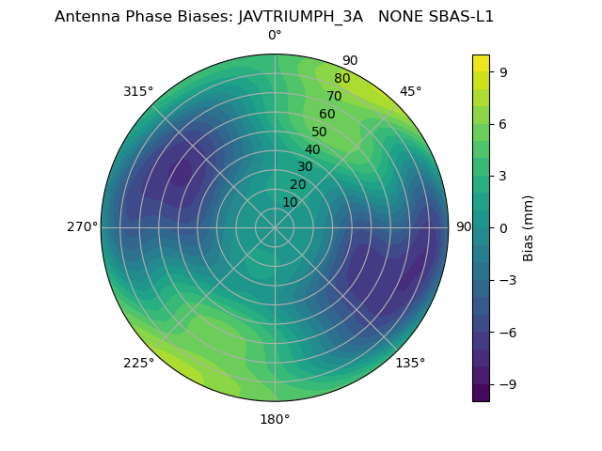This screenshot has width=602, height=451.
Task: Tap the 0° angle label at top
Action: coord(275,36)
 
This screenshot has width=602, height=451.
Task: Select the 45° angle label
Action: coord(411,92)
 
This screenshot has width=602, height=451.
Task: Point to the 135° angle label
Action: coord(410,364)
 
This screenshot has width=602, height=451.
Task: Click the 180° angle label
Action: coord(275,419)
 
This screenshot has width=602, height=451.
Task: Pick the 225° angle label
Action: coord(138,364)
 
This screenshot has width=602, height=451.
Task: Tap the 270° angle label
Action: coord(82,227)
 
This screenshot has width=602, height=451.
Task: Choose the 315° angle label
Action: coord(138,92)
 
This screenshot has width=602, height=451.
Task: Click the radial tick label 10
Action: coord(290,203)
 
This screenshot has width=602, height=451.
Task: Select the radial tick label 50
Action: coord(320,132)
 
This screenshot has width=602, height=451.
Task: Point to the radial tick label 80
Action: coord(341,79)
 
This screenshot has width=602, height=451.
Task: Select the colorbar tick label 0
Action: coord(503,227)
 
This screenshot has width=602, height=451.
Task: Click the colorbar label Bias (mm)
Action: coord(529,227)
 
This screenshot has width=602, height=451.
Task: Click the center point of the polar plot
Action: coord(275,227)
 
